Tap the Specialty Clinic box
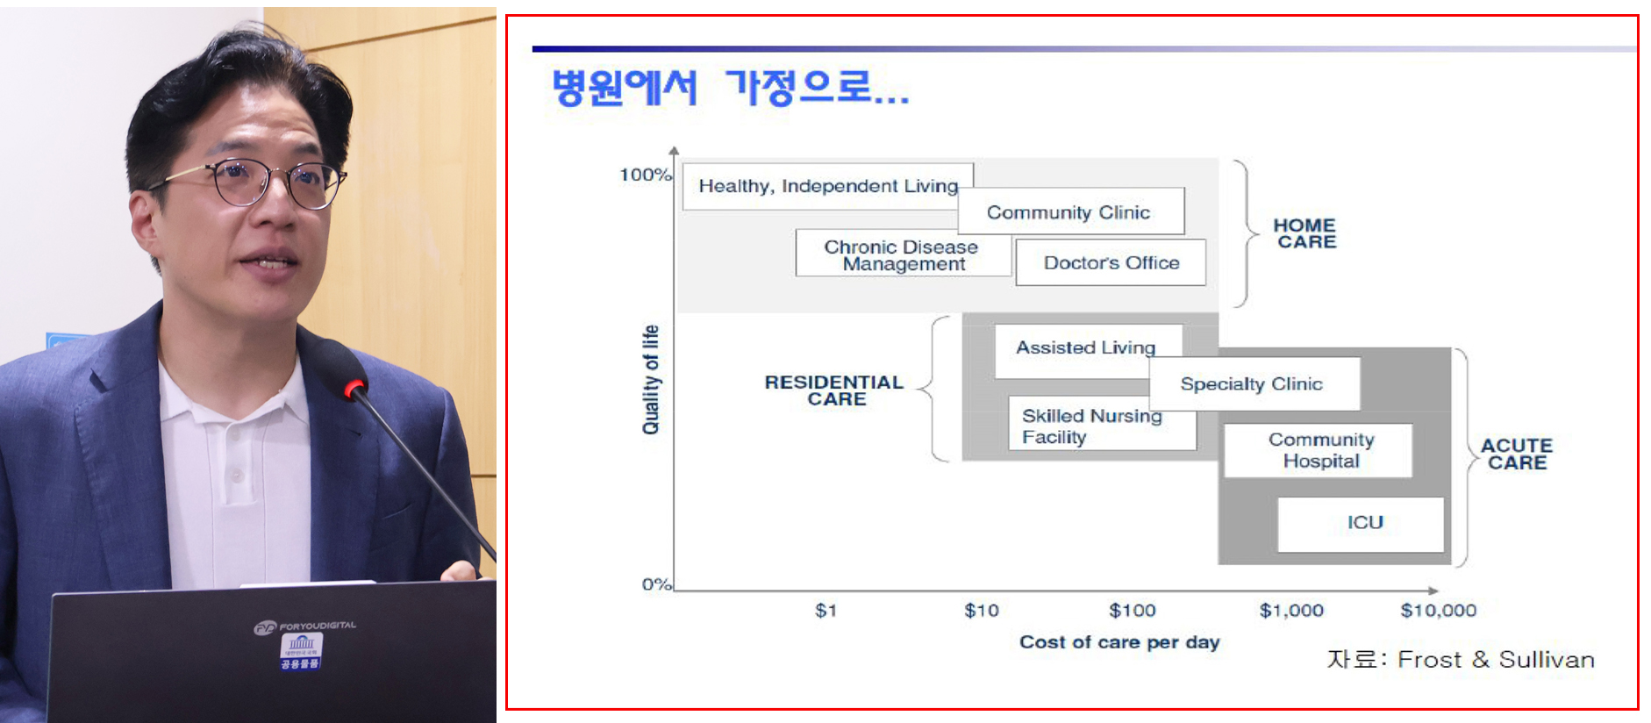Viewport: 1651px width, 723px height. pos(1254,383)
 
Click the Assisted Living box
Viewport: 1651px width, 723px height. pos(1086,347)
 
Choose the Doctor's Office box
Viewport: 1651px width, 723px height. pos(1111,262)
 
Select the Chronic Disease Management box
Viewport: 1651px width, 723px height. pos(902,254)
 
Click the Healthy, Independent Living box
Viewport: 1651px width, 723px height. pos(826,186)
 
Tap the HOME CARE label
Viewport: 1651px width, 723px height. pos(1305,233)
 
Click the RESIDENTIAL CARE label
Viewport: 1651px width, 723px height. pos(834,390)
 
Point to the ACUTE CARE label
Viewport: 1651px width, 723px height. pos(1517,454)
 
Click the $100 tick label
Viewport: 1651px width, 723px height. pos(1132,610)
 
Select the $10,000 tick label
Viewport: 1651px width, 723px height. pos(1438,610)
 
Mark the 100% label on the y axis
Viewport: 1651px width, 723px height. pos(645,175)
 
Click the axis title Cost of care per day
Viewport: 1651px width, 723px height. pos(1119,642)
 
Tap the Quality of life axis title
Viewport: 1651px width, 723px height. pos(650,379)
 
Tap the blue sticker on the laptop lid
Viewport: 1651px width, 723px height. pos(301,650)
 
